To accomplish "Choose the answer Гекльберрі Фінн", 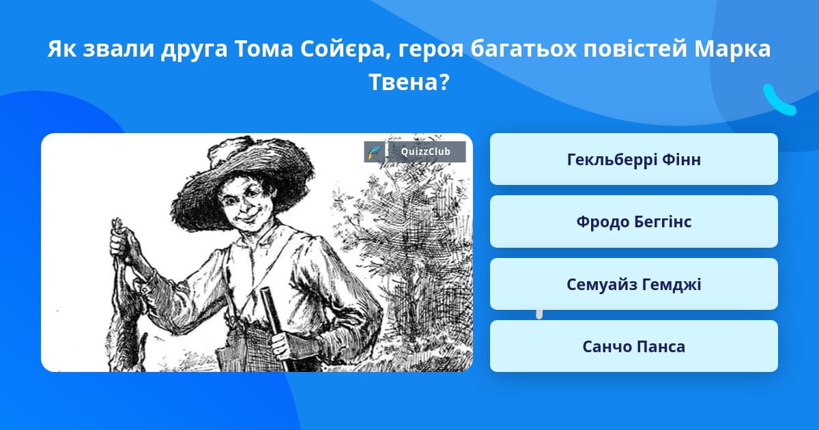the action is click(x=633, y=159).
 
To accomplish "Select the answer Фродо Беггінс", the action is click(x=633, y=222).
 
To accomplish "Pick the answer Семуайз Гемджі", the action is click(x=633, y=284).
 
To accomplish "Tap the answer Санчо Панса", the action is click(x=633, y=346).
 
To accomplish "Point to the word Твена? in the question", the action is click(x=409, y=82).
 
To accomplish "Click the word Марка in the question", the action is click(x=732, y=49).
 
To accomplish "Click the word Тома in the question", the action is click(x=263, y=49).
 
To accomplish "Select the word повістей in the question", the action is click(x=635, y=49).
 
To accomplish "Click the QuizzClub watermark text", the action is click(x=425, y=152).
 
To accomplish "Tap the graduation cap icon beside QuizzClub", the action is click(x=374, y=152).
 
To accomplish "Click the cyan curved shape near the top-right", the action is click(x=779, y=100).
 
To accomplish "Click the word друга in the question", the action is click(x=194, y=50).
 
